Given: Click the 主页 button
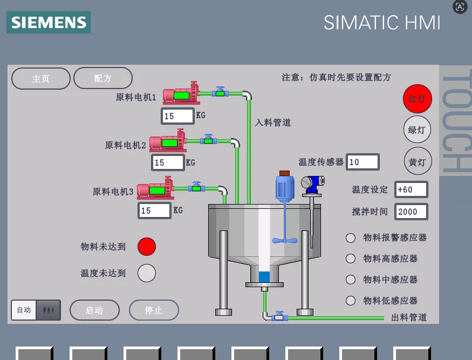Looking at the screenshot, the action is (x=41, y=79).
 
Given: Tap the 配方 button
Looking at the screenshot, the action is (x=103, y=78).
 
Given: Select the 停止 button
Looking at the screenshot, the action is (x=154, y=310).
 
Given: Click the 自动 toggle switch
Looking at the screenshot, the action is (x=36, y=310).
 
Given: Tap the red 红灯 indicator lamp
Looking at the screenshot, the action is (x=417, y=99).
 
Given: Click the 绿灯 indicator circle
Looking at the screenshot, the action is (x=417, y=130).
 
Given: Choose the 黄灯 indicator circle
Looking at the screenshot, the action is (x=418, y=162).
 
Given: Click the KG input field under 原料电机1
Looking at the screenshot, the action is (x=177, y=116).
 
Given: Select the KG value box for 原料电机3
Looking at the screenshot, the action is (x=154, y=210).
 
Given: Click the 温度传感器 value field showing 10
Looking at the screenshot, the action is (x=362, y=162).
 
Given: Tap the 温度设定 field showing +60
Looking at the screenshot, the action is (x=411, y=189).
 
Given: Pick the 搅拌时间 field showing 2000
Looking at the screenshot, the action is (x=411, y=212).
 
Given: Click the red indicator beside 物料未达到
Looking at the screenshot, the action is (x=147, y=247).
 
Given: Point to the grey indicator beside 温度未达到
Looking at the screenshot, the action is (x=147, y=273).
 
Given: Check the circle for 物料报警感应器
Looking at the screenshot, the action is (x=351, y=237).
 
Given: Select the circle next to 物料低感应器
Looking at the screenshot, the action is (x=351, y=300).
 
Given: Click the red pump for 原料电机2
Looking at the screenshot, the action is (x=168, y=140).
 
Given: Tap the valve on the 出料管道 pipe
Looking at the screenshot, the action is (x=279, y=317).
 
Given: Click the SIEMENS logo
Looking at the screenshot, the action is (x=49, y=22).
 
